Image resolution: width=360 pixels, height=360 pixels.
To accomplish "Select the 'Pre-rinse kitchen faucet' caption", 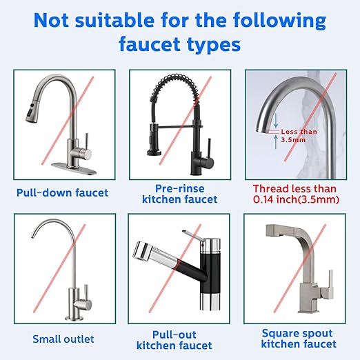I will [179, 193].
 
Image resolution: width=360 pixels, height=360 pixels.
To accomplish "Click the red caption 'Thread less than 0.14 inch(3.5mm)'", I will [294, 194].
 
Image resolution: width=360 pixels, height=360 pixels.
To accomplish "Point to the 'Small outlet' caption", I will [63, 339].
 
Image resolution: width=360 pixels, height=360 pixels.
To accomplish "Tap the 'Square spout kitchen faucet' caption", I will [299, 338].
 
